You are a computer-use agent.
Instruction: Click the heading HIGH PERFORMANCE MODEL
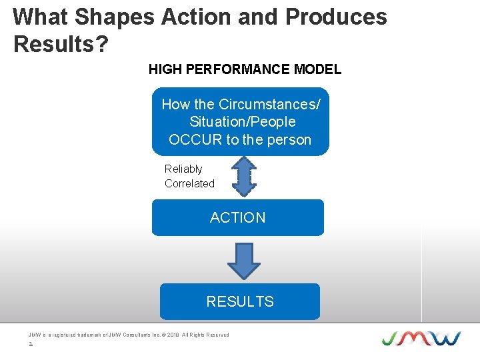[x=245, y=69]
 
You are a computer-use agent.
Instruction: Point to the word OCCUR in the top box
[x=195, y=140]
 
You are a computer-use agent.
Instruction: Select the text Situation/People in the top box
[x=242, y=122]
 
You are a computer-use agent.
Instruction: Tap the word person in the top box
[x=289, y=140]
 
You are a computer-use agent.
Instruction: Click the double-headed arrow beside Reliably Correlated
[x=245, y=176]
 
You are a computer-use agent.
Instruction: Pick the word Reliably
[x=183, y=169]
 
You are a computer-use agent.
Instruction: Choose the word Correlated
[x=189, y=184]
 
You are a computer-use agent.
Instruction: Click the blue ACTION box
[x=237, y=218]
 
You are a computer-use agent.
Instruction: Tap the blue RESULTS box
[x=239, y=301]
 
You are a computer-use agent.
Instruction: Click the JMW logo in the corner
[x=421, y=338]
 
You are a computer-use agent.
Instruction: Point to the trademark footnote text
[x=129, y=335]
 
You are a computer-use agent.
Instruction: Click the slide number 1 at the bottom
[x=31, y=345]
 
